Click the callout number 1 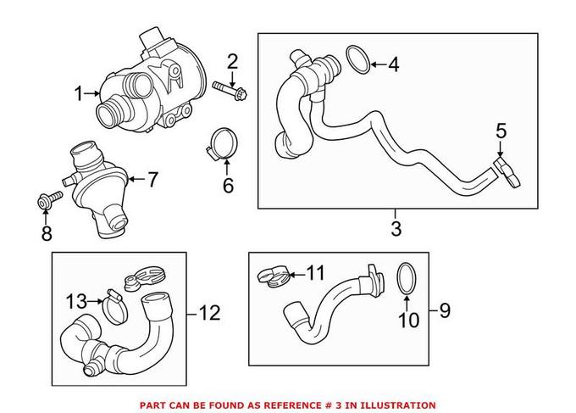tap(80, 94)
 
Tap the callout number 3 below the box tap(396, 228)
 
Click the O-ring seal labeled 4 tap(358, 62)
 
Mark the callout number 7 tap(152, 179)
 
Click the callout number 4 tap(392, 64)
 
